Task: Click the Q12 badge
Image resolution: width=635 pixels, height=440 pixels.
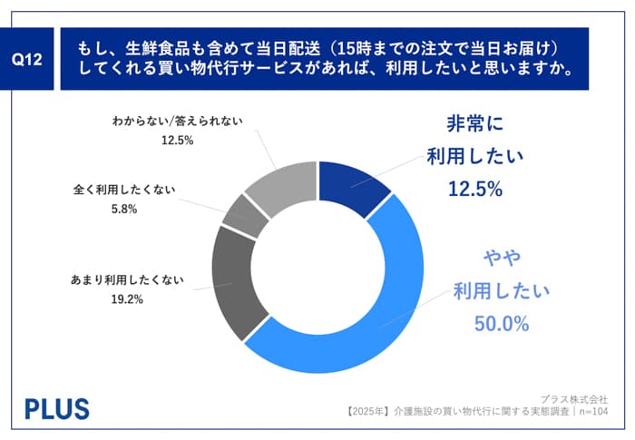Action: [x=31, y=59]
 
